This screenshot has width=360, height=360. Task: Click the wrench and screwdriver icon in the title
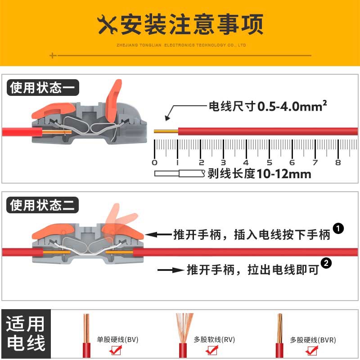click(107, 25)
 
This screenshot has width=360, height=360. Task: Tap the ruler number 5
click(269, 162)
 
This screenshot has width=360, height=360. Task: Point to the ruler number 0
click(154, 162)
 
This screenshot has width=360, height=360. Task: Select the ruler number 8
click(338, 162)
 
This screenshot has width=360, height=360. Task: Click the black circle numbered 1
click(338, 229)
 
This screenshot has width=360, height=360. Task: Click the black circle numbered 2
click(326, 263)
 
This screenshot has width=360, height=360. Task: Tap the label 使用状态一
click(43, 87)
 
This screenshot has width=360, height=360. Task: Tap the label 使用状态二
click(42, 205)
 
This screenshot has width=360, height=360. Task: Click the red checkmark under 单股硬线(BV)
click(116, 350)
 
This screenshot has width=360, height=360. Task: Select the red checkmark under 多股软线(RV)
click(212, 350)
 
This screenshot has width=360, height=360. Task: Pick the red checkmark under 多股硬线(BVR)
click(312, 351)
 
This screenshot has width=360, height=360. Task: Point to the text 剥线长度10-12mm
click(260, 174)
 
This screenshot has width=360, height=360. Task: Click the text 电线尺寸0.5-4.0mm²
click(268, 106)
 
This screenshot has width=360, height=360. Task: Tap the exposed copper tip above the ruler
click(166, 131)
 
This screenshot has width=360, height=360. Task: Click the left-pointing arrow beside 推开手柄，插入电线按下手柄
click(158, 234)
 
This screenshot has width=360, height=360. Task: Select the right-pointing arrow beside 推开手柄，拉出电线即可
click(171, 270)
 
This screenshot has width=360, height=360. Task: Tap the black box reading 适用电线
click(26, 333)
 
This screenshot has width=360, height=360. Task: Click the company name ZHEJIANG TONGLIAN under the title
click(139, 45)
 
